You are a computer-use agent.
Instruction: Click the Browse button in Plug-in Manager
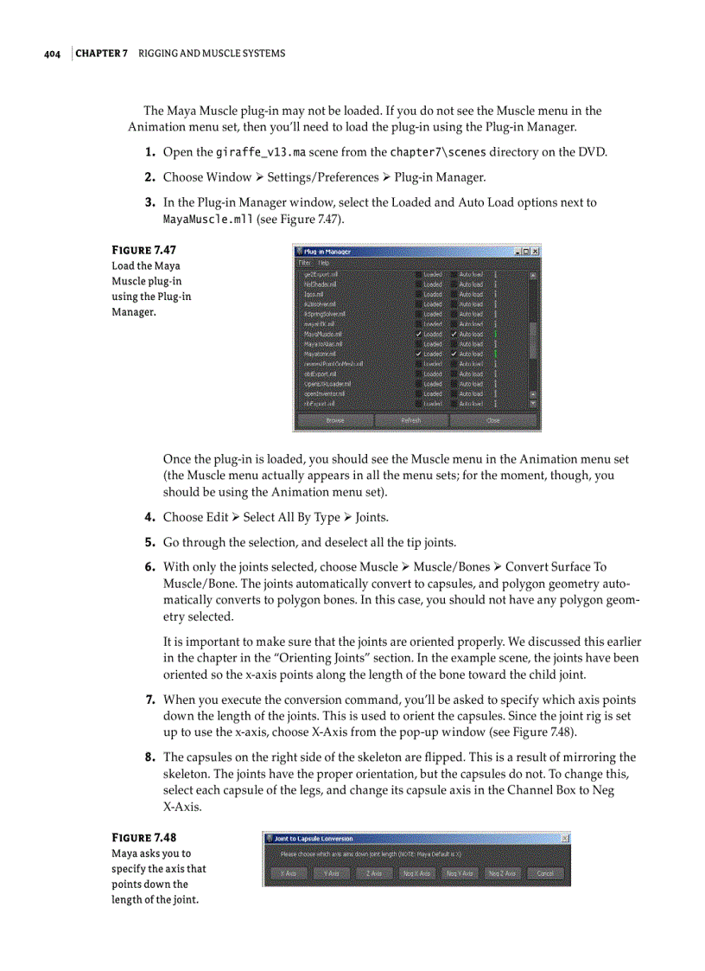coord(335,420)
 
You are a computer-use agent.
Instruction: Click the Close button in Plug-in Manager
coord(492,420)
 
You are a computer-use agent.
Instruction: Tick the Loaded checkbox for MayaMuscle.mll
coord(419,334)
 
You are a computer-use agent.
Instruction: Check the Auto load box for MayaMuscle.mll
coord(454,334)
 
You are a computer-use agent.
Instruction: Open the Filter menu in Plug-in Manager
coord(305,262)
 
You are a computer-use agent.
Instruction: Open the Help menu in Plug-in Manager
coord(323,262)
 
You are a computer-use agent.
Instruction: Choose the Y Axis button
coord(331,873)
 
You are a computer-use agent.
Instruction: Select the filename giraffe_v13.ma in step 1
coord(261,153)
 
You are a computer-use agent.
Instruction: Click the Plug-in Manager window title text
coord(327,252)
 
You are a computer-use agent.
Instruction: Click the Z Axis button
coord(373,873)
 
